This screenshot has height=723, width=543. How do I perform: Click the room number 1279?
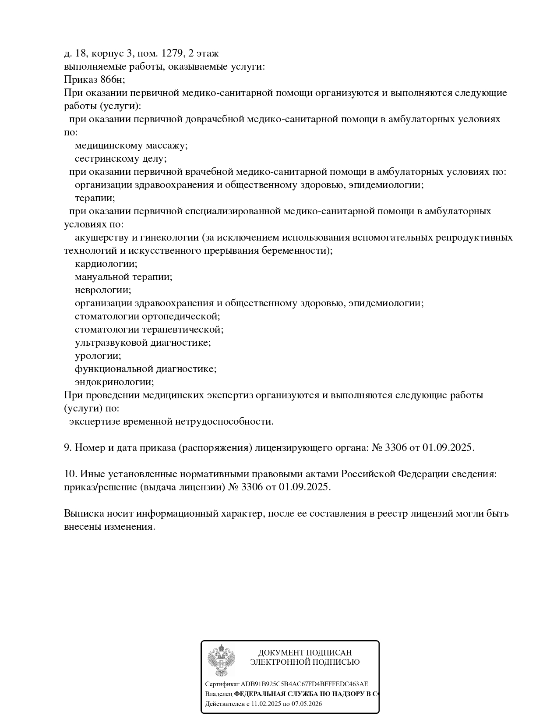point(172,53)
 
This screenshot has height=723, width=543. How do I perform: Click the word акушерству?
point(99,237)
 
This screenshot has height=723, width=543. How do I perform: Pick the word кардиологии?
point(106,264)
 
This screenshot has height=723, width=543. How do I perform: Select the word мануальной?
point(102,277)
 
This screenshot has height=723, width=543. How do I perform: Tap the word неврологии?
point(103,290)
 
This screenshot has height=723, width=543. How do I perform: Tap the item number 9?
point(67,448)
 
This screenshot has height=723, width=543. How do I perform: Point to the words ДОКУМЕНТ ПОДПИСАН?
point(305,653)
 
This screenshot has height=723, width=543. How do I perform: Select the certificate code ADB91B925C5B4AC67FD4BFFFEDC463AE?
point(304,684)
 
